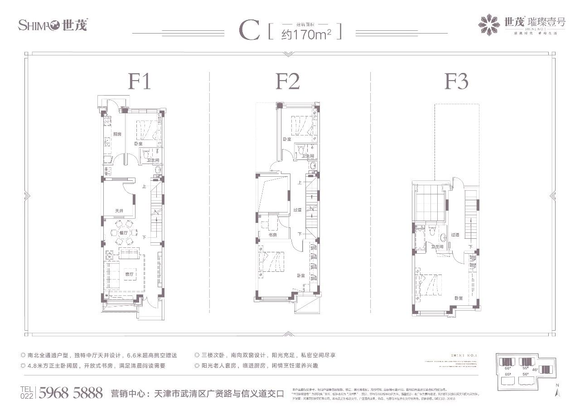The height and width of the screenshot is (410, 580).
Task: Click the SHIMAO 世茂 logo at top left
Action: click(52, 25)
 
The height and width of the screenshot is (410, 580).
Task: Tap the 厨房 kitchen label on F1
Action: click(117, 134)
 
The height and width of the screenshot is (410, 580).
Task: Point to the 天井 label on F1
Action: click(119, 211)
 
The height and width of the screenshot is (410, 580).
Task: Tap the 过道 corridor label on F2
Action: click(297, 210)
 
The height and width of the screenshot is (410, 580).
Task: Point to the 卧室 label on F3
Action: click(459, 298)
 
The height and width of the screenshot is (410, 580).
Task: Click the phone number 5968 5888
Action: click(71, 392)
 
